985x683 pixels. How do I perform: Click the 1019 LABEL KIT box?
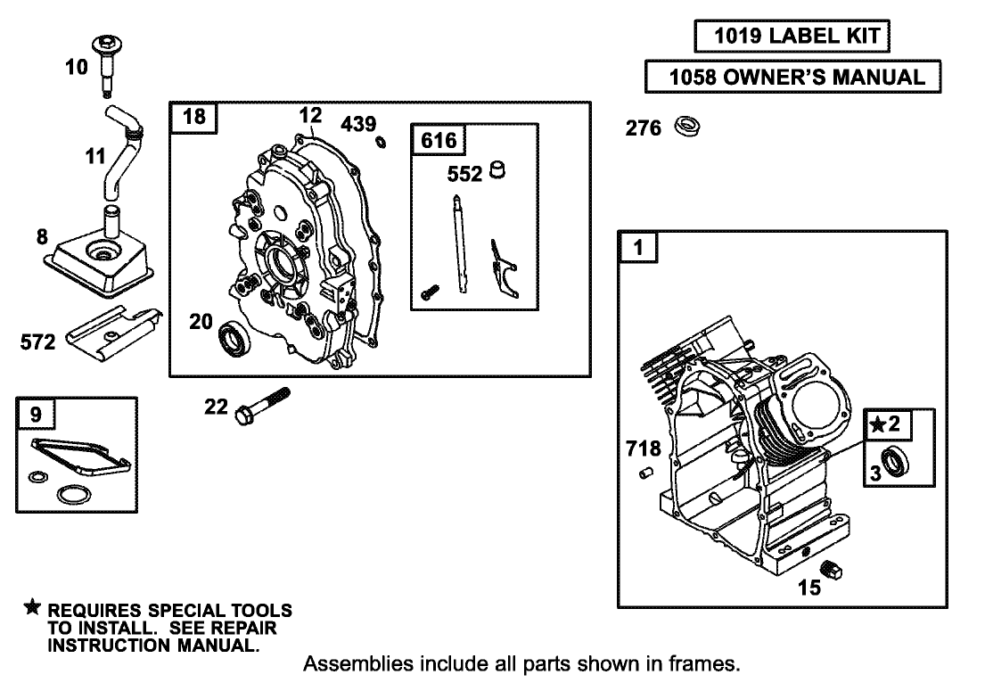pyautogui.click(x=792, y=37)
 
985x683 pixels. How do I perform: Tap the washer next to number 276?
pyautogui.click(x=687, y=127)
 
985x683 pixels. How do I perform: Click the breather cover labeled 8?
pyautogui.click(x=99, y=258)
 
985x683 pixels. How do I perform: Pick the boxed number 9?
pyautogui.click(x=36, y=413)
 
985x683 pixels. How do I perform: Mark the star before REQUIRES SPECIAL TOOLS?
pyautogui.click(x=32, y=608)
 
